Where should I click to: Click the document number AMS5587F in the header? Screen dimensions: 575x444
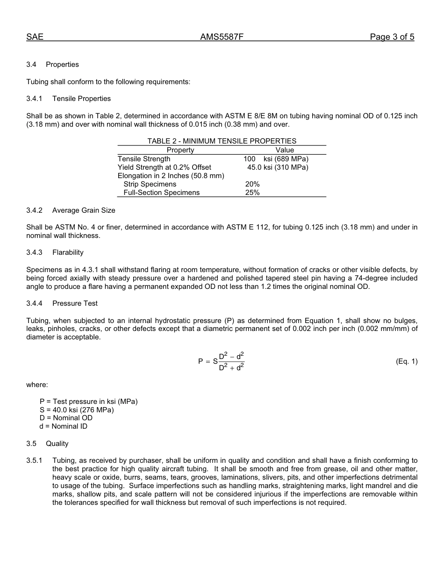[222, 37]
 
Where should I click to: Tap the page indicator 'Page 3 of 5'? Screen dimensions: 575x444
[392, 37]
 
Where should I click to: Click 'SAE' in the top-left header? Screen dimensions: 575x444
[35, 37]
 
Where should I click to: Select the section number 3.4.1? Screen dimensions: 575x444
[34, 99]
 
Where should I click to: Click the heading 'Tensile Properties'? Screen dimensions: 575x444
[81, 99]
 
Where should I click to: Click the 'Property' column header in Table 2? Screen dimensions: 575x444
[180, 150]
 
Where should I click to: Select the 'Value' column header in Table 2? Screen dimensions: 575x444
[284, 150]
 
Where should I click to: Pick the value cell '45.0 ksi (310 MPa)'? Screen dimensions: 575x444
[278, 167]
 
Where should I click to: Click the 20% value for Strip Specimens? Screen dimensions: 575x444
[252, 184]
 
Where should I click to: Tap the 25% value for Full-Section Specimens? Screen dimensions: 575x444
[252, 193]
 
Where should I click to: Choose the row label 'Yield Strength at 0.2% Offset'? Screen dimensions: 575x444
[165, 167]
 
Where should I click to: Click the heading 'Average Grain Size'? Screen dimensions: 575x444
[84, 210]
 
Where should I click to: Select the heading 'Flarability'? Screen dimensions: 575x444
[68, 252]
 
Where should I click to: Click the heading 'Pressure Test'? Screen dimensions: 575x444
[75, 303]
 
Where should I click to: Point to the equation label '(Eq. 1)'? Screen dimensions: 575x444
[406, 361]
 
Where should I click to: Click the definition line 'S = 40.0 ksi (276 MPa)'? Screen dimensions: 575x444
[77, 410]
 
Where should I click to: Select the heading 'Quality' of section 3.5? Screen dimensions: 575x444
[57, 444]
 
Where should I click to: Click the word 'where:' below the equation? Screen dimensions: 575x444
[37, 385]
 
